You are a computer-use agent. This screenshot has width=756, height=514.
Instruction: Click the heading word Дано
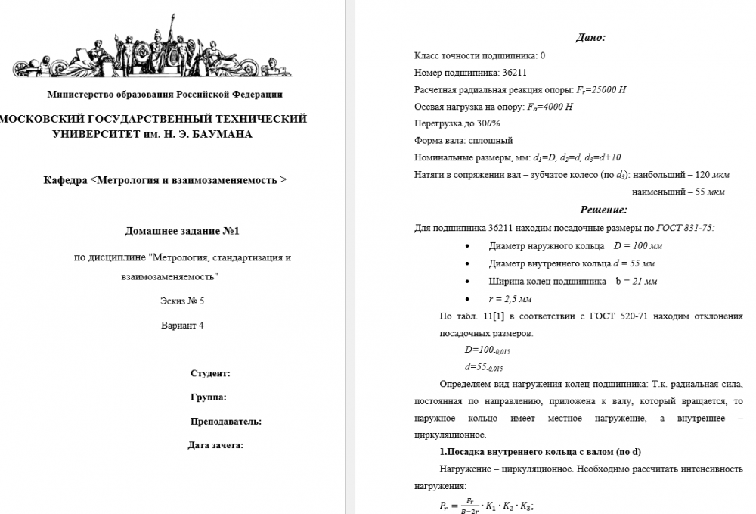click(590, 37)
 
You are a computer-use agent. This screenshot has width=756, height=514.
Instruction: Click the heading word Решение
click(603, 210)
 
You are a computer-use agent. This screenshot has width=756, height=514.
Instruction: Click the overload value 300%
click(488, 123)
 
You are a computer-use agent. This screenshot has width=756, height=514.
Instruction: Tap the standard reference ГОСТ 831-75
click(685, 229)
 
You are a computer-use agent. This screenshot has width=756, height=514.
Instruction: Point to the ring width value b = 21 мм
click(636, 281)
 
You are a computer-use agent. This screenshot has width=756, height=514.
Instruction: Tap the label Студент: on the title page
click(210, 374)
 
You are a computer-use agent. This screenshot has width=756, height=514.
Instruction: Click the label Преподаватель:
click(226, 422)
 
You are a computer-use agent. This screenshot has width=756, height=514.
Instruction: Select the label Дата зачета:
click(215, 445)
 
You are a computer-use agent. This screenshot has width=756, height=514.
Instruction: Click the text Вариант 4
click(182, 326)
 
